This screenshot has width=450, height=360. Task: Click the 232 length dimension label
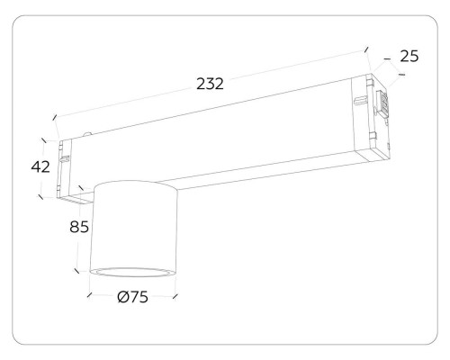pos(210,84)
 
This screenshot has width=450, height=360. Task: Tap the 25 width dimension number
pos(409,57)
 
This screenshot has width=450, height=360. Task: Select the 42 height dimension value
pos(40,166)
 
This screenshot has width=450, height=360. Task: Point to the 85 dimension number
pos(79,227)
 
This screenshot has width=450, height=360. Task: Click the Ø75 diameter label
pos(133,297)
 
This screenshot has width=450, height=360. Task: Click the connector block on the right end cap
pos(383,103)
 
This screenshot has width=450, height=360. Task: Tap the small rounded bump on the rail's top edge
pos(87,134)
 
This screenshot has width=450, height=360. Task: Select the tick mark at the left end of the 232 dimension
pos(55,117)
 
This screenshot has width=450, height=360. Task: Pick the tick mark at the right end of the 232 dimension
pos(366,49)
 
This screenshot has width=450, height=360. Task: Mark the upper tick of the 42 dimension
pos(44,140)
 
